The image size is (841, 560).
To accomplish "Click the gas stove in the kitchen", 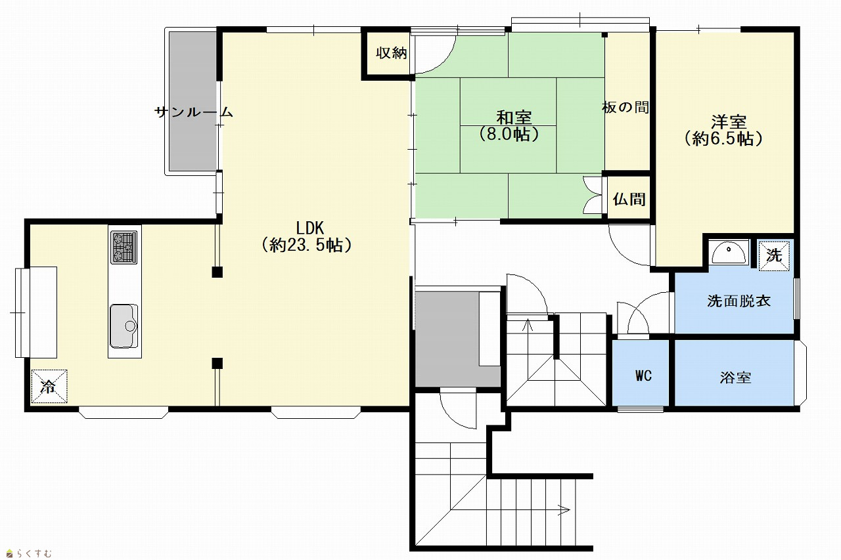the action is tap(124, 248).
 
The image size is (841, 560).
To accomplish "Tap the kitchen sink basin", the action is tap(124, 326).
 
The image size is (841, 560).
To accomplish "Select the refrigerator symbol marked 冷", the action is tap(49, 386).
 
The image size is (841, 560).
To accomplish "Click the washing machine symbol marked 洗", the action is tap(774, 255).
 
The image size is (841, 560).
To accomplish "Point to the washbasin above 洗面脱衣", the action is tap(729, 253).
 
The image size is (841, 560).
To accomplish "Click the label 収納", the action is tap(392, 53).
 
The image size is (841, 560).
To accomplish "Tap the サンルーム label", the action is tap(194, 112).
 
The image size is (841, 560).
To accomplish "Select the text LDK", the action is tap(309, 228).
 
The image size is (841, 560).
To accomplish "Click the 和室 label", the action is tap(514, 118).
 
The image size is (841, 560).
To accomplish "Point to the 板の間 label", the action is tap(625, 108).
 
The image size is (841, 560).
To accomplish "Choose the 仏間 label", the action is tap(629, 199).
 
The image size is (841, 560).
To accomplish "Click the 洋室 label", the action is tap(729, 121).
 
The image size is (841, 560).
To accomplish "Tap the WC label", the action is tap(643, 376).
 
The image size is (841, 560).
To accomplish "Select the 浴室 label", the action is tap(735, 377).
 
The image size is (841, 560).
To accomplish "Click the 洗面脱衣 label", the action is tap(739, 301).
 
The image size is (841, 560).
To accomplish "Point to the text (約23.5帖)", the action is tap(307, 246).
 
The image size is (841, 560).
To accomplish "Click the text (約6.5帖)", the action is tap(723, 139).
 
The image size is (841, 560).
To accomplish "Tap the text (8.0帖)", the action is tap(509, 135).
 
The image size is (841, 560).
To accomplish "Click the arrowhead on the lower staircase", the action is tap(565, 510).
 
